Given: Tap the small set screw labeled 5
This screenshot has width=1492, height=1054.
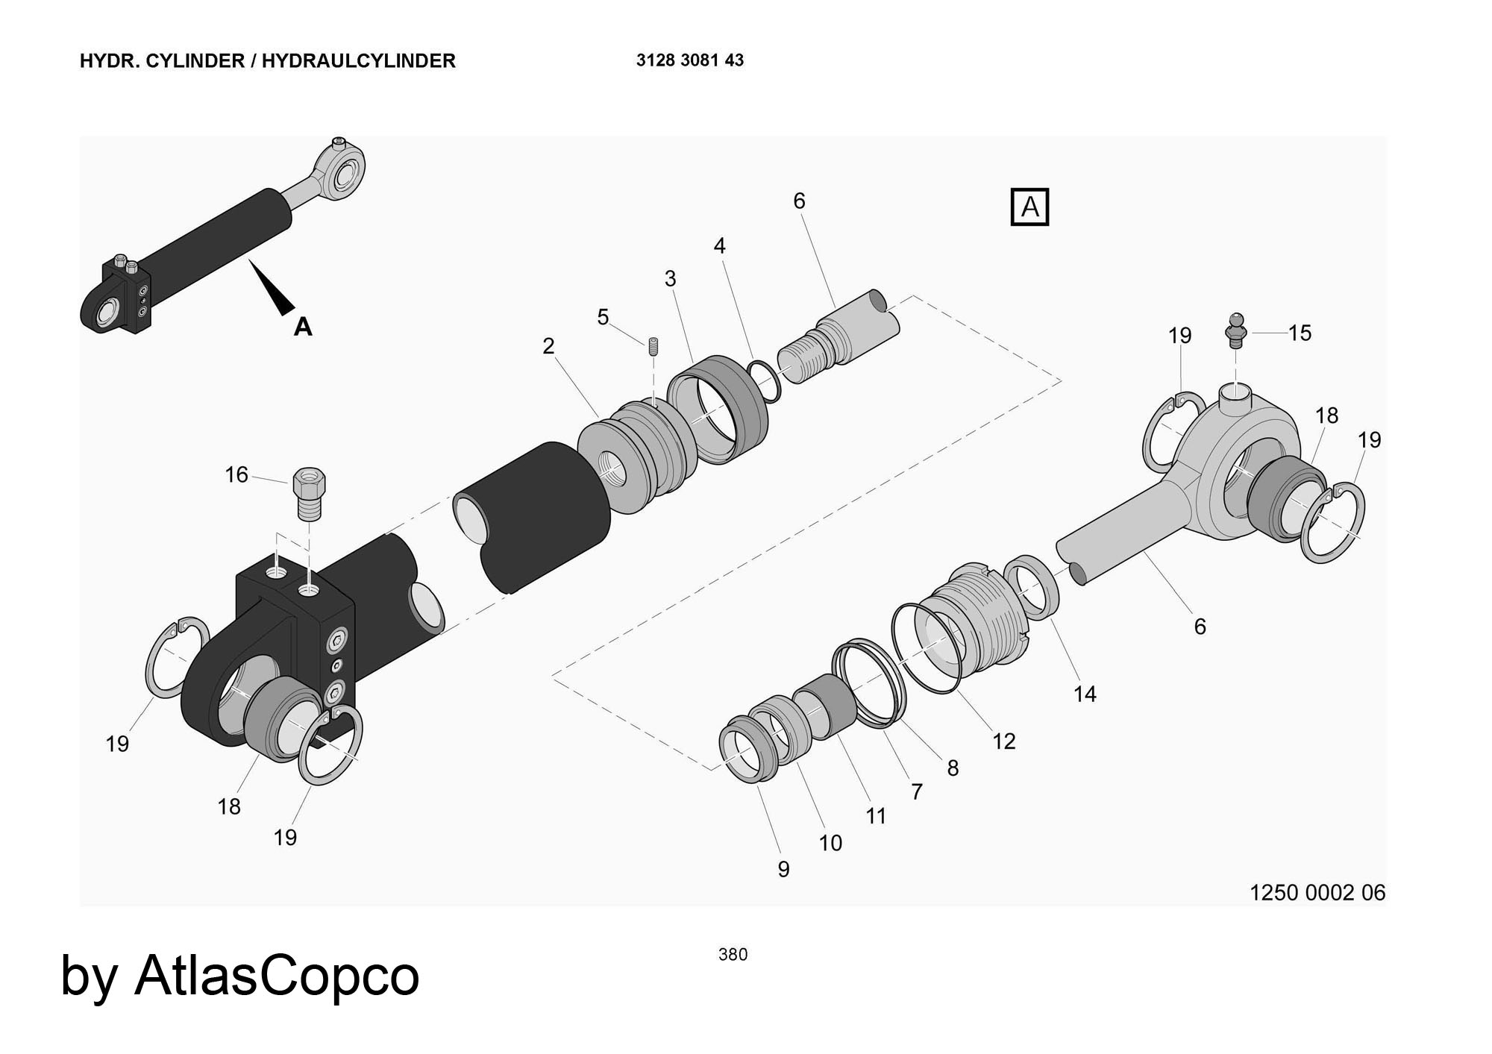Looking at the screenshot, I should pyautogui.click(x=653, y=347).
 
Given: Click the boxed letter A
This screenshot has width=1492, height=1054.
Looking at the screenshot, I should pyautogui.click(x=1029, y=207).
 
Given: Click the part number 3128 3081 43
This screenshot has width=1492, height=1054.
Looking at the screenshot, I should pyautogui.click(x=689, y=60).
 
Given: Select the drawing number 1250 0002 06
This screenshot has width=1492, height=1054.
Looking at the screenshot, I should pyautogui.click(x=1317, y=892).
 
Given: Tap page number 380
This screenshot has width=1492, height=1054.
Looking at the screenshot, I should pyautogui.click(x=733, y=954).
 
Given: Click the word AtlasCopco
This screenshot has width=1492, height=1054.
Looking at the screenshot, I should pyautogui.click(x=277, y=975).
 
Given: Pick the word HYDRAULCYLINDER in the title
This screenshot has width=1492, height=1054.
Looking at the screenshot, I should pyautogui.click(x=358, y=60).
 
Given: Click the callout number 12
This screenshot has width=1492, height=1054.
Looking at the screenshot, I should pyautogui.click(x=1003, y=741).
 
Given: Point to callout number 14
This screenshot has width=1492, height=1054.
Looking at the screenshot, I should pyautogui.click(x=1085, y=694).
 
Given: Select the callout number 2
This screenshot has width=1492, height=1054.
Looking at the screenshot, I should pyautogui.click(x=548, y=346).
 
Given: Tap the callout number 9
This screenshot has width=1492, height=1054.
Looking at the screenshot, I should pyautogui.click(x=783, y=869).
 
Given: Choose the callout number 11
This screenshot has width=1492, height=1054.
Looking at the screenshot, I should pyautogui.click(x=876, y=816).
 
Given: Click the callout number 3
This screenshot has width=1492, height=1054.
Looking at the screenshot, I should pyautogui.click(x=670, y=278).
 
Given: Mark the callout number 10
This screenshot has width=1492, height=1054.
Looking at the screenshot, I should pyautogui.click(x=830, y=843).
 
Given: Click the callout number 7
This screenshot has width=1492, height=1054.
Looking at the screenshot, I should pyautogui.click(x=917, y=791).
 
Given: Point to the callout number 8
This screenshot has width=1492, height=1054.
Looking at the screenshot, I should pyautogui.click(x=953, y=768).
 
